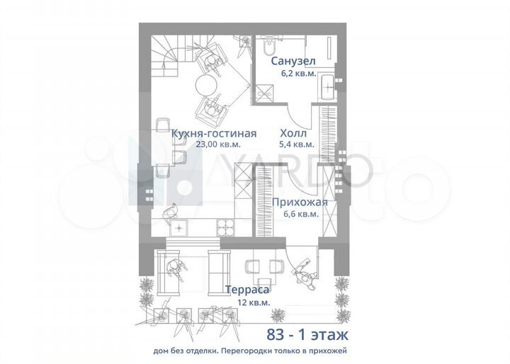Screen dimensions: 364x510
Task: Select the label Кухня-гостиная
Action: point(214,132)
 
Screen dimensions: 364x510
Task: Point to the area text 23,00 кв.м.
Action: point(214,144)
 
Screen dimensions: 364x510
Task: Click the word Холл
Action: point(294,132)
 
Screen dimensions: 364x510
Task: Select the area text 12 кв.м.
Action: point(247,302)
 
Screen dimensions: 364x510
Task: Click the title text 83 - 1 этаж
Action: point(307,333)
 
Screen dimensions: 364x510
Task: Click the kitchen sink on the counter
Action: point(181,228)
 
